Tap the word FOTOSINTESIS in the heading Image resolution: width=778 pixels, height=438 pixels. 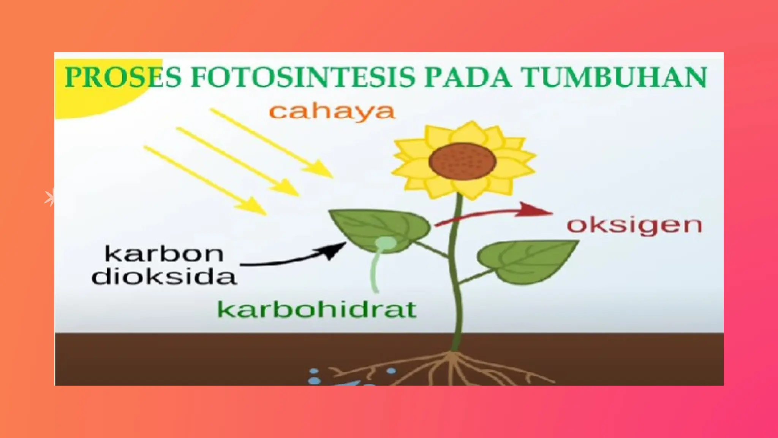pyautogui.click(x=302, y=77)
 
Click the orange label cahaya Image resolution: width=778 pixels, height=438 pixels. pyautogui.click(x=332, y=112)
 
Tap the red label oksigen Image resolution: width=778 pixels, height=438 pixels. pyautogui.click(x=634, y=225)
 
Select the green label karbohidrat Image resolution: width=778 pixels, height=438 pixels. pyautogui.click(x=316, y=309)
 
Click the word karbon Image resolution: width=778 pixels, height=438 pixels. pyautogui.click(x=164, y=254)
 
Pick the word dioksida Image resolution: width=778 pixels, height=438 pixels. pyautogui.click(x=164, y=276)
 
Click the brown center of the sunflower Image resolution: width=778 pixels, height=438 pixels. pyautogui.click(x=463, y=161)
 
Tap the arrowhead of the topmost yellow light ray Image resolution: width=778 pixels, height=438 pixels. pyautogui.click(x=323, y=170)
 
